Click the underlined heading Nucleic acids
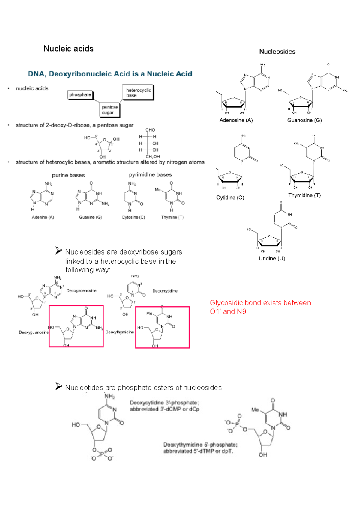(x=68, y=49)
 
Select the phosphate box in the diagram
(x=80, y=95)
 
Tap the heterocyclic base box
(x=138, y=93)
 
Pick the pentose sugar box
(x=110, y=110)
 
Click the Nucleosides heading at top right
(x=277, y=52)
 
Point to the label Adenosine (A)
(x=236, y=120)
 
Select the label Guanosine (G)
(x=304, y=120)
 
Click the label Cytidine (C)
(x=230, y=198)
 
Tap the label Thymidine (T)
(x=304, y=195)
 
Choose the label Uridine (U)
(x=272, y=258)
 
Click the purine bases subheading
(x=68, y=175)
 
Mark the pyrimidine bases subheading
(x=150, y=174)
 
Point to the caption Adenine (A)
(x=43, y=217)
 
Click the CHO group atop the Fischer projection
(x=150, y=130)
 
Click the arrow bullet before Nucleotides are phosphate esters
(x=58, y=386)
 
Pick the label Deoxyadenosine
(x=82, y=291)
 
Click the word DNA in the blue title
(x=36, y=74)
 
